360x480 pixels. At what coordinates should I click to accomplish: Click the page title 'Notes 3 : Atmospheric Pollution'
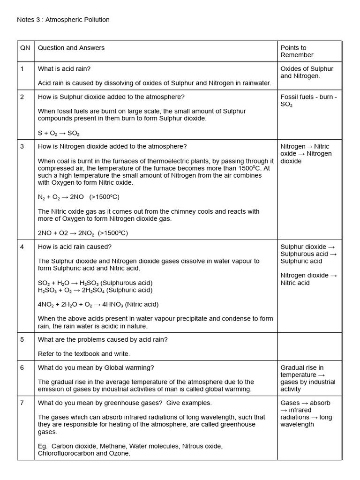[63, 20]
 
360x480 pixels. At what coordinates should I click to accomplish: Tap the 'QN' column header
[25, 48]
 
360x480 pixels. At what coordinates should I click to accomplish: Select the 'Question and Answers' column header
[71, 48]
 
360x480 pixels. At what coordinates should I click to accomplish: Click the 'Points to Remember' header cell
[297, 51]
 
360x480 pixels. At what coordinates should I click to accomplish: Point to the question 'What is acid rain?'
[64, 68]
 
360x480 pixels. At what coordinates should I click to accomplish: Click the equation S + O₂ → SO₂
[59, 133]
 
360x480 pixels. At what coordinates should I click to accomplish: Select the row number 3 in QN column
[22, 146]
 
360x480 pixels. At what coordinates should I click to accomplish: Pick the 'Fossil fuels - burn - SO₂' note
[308, 101]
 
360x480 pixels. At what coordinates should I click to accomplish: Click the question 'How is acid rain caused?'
[75, 247]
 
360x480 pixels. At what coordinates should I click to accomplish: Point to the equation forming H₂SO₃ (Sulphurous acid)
[95, 283]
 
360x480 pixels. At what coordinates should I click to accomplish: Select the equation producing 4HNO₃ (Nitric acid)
[98, 304]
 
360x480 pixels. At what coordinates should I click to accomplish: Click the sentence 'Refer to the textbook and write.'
[84, 353]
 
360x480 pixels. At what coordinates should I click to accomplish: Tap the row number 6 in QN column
[22, 367]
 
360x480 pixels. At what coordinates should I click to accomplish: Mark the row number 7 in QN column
[22, 403]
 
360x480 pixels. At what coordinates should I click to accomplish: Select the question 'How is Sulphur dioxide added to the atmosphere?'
[111, 97]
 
